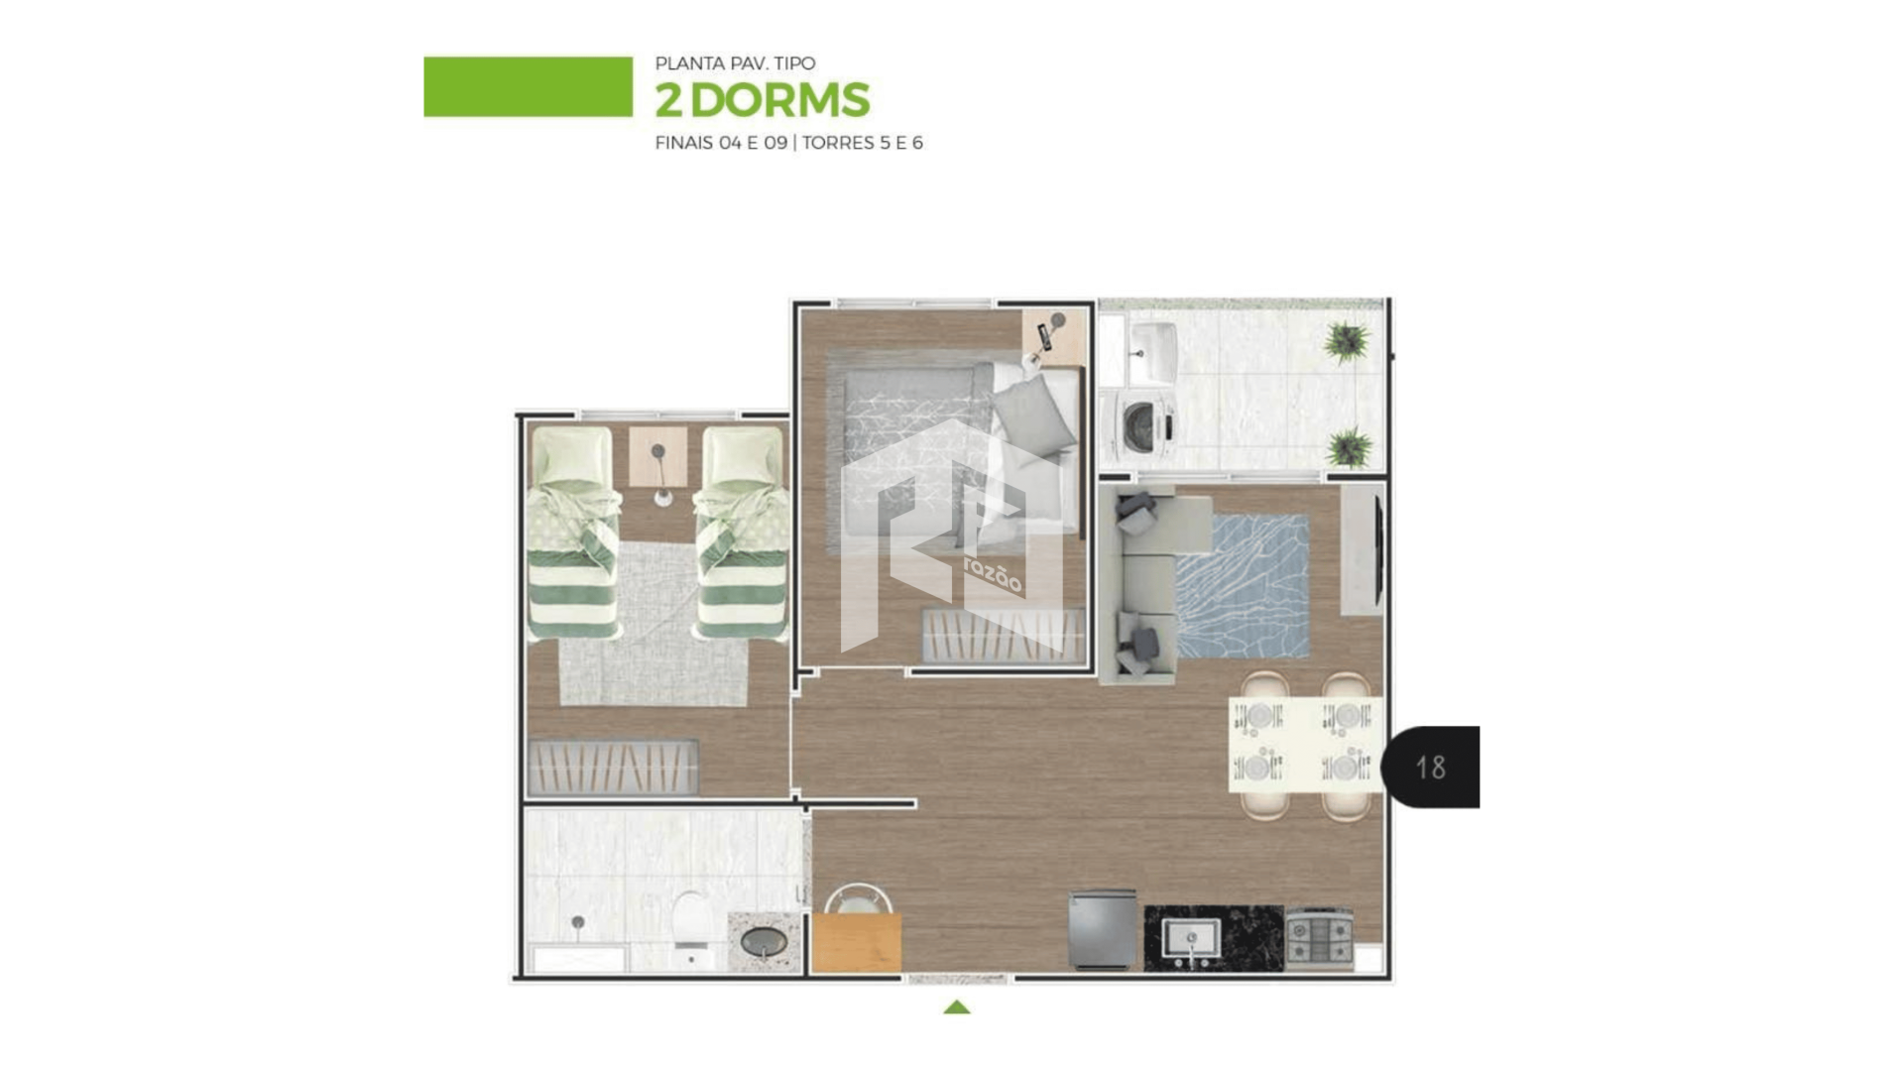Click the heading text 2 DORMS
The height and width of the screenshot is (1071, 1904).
(x=762, y=100)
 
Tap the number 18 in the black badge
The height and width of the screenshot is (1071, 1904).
(x=1430, y=767)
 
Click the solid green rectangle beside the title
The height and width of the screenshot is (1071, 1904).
(x=528, y=86)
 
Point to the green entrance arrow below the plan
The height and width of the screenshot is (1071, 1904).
(x=956, y=1007)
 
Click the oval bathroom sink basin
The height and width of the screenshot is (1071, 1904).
(x=765, y=941)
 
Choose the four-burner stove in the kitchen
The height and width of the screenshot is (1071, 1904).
(x=1320, y=937)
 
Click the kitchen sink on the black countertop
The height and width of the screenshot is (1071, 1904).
(x=1191, y=938)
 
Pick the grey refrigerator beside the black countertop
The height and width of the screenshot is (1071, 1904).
(x=1102, y=929)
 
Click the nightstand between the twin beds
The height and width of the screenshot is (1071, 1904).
(x=657, y=456)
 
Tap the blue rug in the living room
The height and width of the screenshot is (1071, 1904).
(x=1243, y=585)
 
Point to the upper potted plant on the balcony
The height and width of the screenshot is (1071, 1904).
(x=1346, y=343)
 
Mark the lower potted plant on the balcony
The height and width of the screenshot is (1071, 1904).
(x=1349, y=447)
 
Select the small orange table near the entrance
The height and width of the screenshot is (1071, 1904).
(x=856, y=942)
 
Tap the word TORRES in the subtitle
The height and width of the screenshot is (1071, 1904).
(x=838, y=143)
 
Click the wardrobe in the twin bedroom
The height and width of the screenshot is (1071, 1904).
(x=613, y=768)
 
